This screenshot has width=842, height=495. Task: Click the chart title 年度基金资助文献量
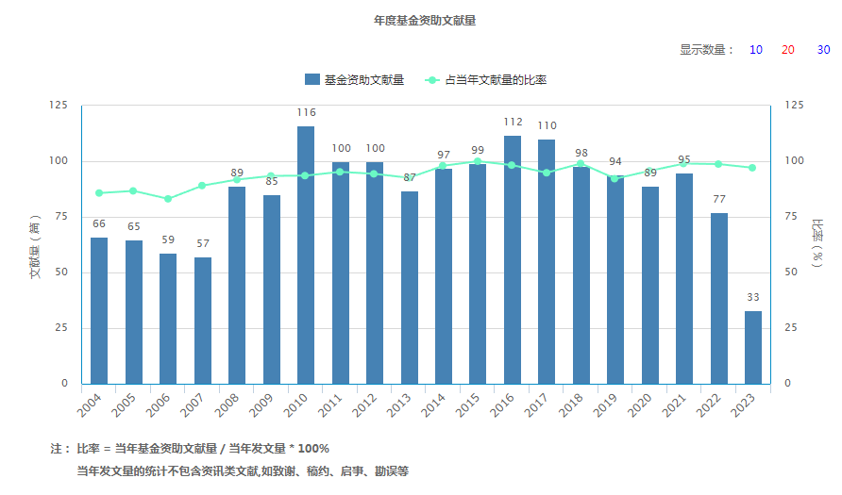point(425,21)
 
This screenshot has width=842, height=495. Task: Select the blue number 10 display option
point(755,50)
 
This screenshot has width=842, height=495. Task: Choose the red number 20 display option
point(788,50)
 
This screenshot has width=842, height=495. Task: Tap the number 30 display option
point(823,50)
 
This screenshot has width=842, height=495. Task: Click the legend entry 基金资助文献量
point(354,80)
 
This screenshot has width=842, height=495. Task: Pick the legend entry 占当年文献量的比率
point(485,80)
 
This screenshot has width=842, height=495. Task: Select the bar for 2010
point(306,256)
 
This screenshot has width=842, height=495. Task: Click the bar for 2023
point(753,348)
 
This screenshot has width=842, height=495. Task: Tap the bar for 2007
point(202,321)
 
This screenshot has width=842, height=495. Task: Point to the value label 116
point(306,112)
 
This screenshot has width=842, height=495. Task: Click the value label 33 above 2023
point(753,297)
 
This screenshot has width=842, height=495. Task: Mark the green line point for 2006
point(168,199)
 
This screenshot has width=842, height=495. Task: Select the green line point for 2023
point(752,168)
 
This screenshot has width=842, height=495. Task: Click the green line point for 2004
point(99,193)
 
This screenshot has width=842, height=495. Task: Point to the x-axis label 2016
point(501,405)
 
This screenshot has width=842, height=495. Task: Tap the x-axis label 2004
point(89,405)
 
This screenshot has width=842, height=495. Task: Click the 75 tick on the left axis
point(61,216)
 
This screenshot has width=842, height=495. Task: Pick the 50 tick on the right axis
point(790,272)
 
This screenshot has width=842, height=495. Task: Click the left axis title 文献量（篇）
point(35,246)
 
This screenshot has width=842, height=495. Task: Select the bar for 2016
point(513,260)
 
